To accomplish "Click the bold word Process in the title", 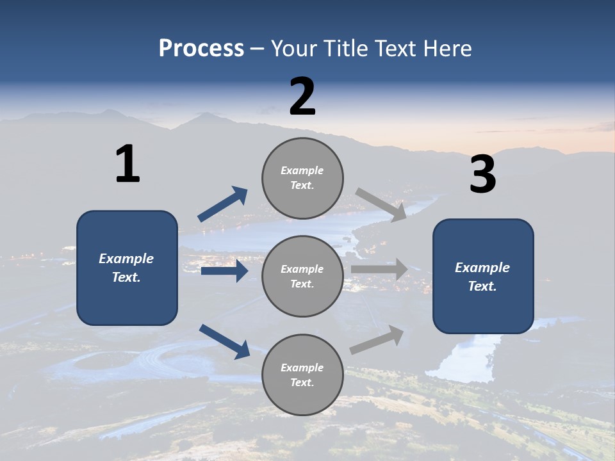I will [x=201, y=48].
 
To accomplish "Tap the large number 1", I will [x=127, y=164].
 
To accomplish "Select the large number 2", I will [x=302, y=97].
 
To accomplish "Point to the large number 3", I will [x=482, y=175].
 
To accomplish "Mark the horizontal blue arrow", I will [x=224, y=271].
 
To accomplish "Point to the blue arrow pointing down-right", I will [x=224, y=341].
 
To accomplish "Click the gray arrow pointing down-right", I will [x=381, y=204].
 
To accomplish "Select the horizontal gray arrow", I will [x=379, y=269].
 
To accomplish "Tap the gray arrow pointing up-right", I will [x=377, y=339].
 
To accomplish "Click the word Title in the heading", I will [x=347, y=48].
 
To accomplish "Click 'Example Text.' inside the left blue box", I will [x=126, y=268].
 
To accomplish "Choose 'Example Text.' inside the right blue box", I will [x=482, y=277].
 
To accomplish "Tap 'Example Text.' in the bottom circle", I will [x=302, y=375].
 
